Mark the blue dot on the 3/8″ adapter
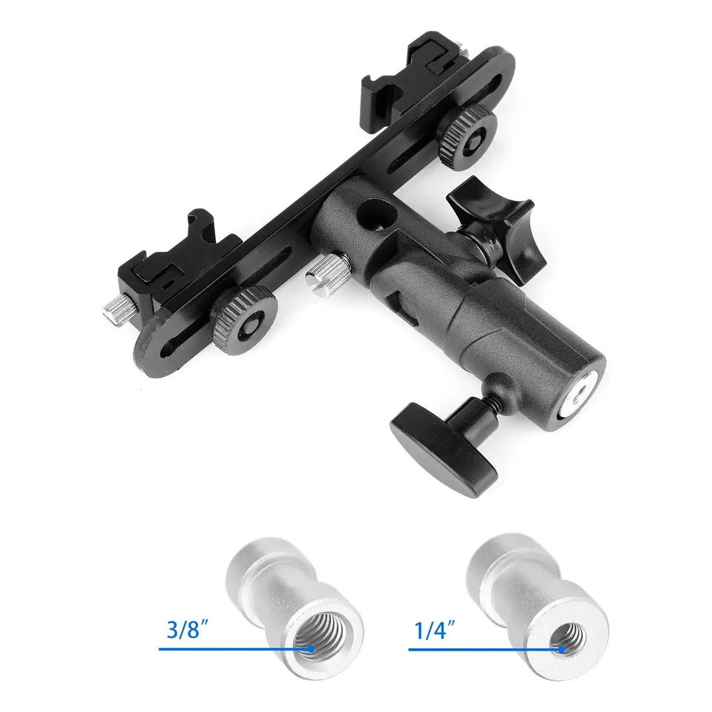pos(312,648)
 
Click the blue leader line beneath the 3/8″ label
pos(222,648)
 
